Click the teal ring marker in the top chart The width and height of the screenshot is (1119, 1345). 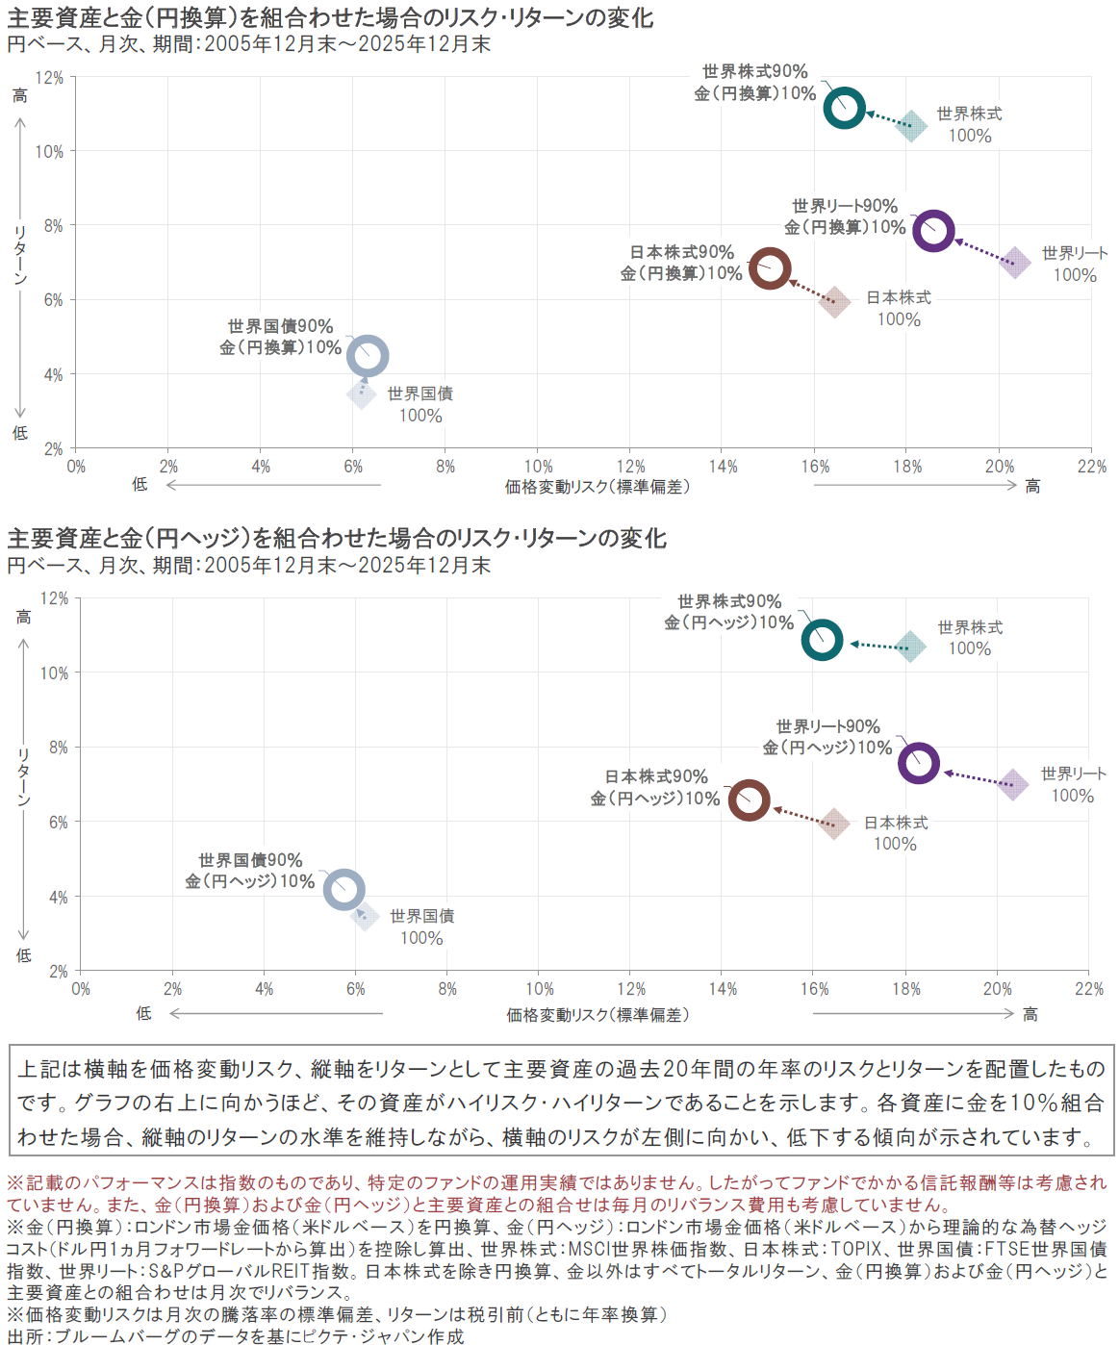(845, 108)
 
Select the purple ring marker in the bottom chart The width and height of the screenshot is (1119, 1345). (919, 763)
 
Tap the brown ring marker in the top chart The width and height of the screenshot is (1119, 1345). (770, 268)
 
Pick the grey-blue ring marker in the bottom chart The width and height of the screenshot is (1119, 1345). (343, 889)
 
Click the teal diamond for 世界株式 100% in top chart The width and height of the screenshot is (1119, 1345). (910, 125)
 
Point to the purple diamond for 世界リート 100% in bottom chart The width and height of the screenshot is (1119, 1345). (1012, 785)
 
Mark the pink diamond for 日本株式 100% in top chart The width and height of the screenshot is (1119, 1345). (834, 301)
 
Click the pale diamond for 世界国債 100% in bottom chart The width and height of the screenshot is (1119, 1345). (364, 916)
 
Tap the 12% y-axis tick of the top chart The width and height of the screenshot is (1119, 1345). (49, 78)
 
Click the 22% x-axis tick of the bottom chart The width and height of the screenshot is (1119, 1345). (1089, 989)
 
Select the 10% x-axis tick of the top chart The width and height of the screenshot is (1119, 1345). (538, 468)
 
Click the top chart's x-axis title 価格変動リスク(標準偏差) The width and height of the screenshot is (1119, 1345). (597, 488)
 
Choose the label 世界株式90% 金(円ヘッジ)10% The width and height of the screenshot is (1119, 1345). (728, 612)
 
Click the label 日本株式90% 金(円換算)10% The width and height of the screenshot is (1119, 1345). (681, 263)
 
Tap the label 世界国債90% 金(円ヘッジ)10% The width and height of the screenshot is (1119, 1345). (250, 871)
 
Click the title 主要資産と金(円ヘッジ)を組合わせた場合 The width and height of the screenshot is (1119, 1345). (337, 538)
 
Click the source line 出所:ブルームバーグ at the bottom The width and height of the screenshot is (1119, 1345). (236, 1335)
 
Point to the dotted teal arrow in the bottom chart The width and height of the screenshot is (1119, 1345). (878, 646)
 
